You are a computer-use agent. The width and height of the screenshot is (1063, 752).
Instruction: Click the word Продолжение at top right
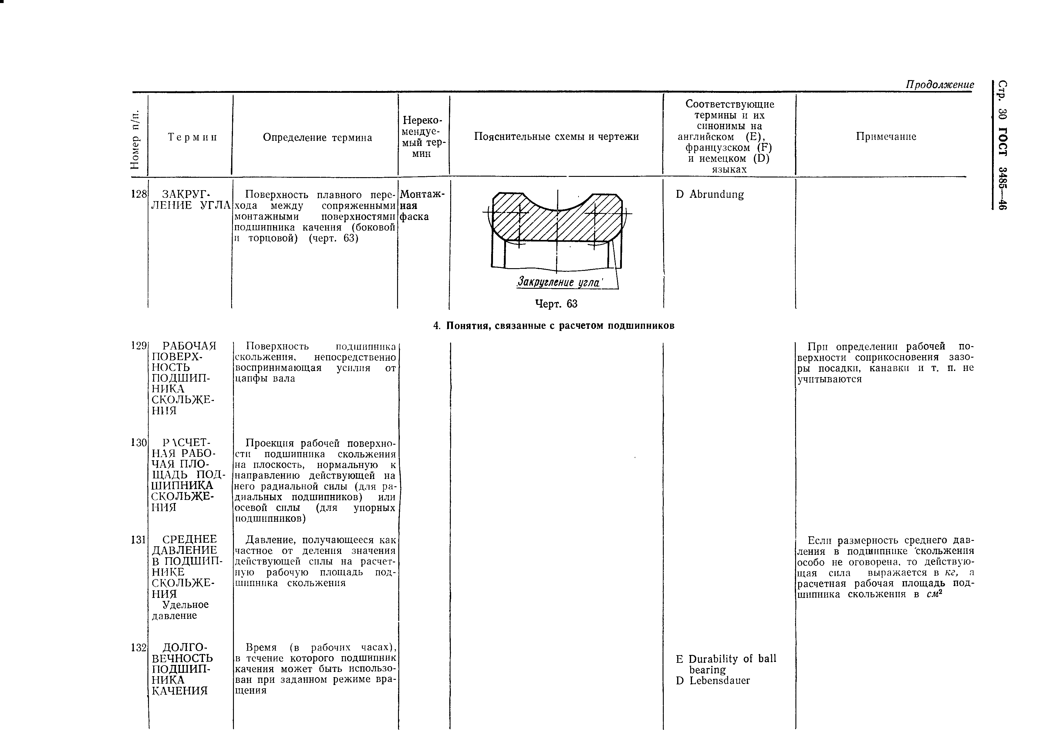click(x=940, y=85)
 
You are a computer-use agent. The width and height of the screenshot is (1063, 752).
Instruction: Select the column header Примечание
click(x=886, y=137)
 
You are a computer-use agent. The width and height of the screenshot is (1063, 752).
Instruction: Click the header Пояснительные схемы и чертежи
click(x=556, y=137)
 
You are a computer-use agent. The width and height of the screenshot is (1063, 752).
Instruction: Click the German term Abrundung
click(x=716, y=194)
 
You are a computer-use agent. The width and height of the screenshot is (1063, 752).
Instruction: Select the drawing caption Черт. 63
click(x=556, y=304)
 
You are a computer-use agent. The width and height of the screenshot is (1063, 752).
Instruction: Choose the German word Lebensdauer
click(x=720, y=681)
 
